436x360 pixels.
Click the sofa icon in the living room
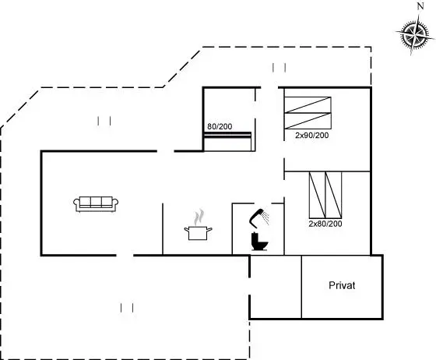pyautogui.click(x=96, y=204)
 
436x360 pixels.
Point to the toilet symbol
pyautogui.click(x=259, y=242)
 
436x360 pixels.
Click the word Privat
pyautogui.click(x=342, y=285)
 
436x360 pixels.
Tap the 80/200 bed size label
pyautogui.click(x=220, y=126)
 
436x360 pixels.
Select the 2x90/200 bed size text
pyautogui.click(x=312, y=136)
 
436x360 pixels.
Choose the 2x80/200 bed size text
pyautogui.click(x=325, y=224)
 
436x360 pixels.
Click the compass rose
pyautogui.click(x=414, y=36)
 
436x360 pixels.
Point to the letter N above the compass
pyautogui.click(x=420, y=6)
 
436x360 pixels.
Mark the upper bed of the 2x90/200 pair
pyautogui.click(x=308, y=105)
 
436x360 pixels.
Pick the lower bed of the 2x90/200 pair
pyautogui.click(x=308, y=121)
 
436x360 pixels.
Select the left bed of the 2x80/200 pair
pyautogui.click(x=318, y=195)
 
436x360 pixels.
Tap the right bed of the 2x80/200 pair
pyautogui.click(x=333, y=195)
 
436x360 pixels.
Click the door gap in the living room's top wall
pyautogui.click(x=166, y=151)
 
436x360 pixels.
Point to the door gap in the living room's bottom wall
pyautogui.click(x=125, y=255)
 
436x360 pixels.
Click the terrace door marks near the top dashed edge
pyautogui.click(x=279, y=68)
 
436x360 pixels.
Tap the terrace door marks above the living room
pyautogui.click(x=104, y=121)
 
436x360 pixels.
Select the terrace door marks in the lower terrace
pyautogui.click(x=127, y=308)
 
